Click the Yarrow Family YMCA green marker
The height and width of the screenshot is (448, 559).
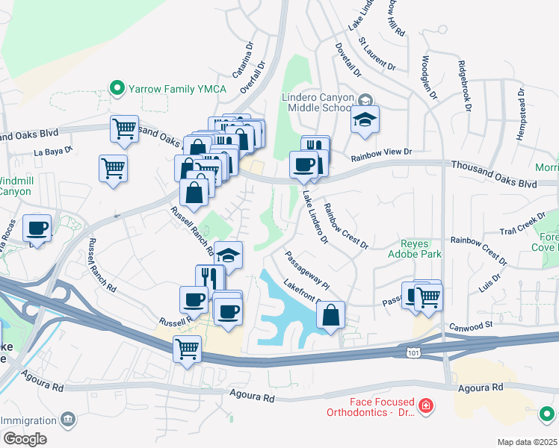pyautogui.click(x=117, y=89)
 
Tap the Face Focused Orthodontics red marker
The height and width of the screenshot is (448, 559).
pyautogui.click(x=425, y=406)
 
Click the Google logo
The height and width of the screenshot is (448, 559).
pyautogui.click(x=25, y=439)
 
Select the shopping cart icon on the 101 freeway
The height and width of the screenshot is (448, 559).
pyautogui.click(x=187, y=349)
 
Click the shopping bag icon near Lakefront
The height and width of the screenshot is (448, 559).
pyautogui.click(x=330, y=315)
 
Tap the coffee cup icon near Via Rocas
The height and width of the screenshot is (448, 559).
pyautogui.click(x=37, y=229)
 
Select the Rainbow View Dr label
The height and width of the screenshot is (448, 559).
pyautogui.click(x=382, y=152)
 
